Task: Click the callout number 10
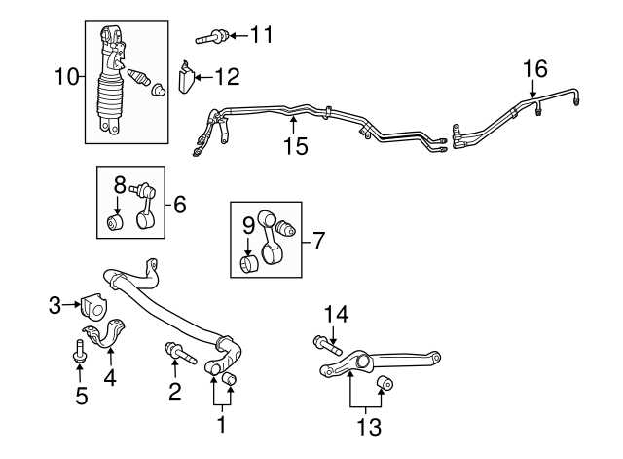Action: pos(66,75)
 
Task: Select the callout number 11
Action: pos(260,36)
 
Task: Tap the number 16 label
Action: pos(535,69)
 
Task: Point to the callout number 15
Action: pos(295,146)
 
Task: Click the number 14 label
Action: pos(335,314)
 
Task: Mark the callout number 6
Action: pos(179,205)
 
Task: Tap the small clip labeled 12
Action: pos(187,77)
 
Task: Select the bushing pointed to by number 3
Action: pos(95,306)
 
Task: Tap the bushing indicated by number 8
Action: pos(117,224)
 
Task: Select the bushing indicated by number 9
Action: pos(249,262)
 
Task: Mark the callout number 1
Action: pos(221,425)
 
